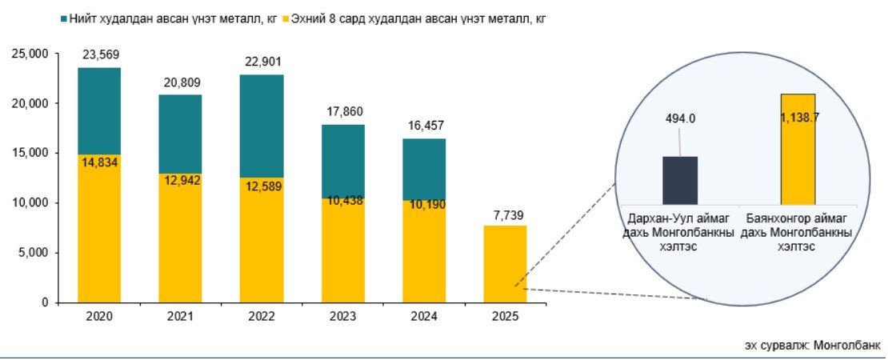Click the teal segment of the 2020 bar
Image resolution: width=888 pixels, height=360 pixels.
tap(99, 111)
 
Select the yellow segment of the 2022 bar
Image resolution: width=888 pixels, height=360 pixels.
tap(261, 240)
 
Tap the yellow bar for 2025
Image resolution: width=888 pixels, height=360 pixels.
tap(505, 264)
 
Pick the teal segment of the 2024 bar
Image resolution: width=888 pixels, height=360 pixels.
tap(424, 170)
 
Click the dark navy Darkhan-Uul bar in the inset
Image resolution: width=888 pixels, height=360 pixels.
tap(680, 181)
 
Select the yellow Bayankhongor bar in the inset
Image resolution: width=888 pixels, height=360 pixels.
tap(798, 150)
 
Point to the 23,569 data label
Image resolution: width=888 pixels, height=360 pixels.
tap(99, 55)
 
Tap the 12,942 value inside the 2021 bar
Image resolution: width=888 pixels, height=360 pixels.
tap(180, 180)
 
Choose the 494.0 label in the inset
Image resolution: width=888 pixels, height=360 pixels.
tap(680, 118)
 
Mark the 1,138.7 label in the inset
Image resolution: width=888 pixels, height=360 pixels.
tap(800, 118)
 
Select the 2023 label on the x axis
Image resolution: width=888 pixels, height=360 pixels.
tap(343, 317)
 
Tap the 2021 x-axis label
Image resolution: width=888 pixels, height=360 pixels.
tap(180, 317)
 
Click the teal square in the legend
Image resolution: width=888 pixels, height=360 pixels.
tap(63, 18)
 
